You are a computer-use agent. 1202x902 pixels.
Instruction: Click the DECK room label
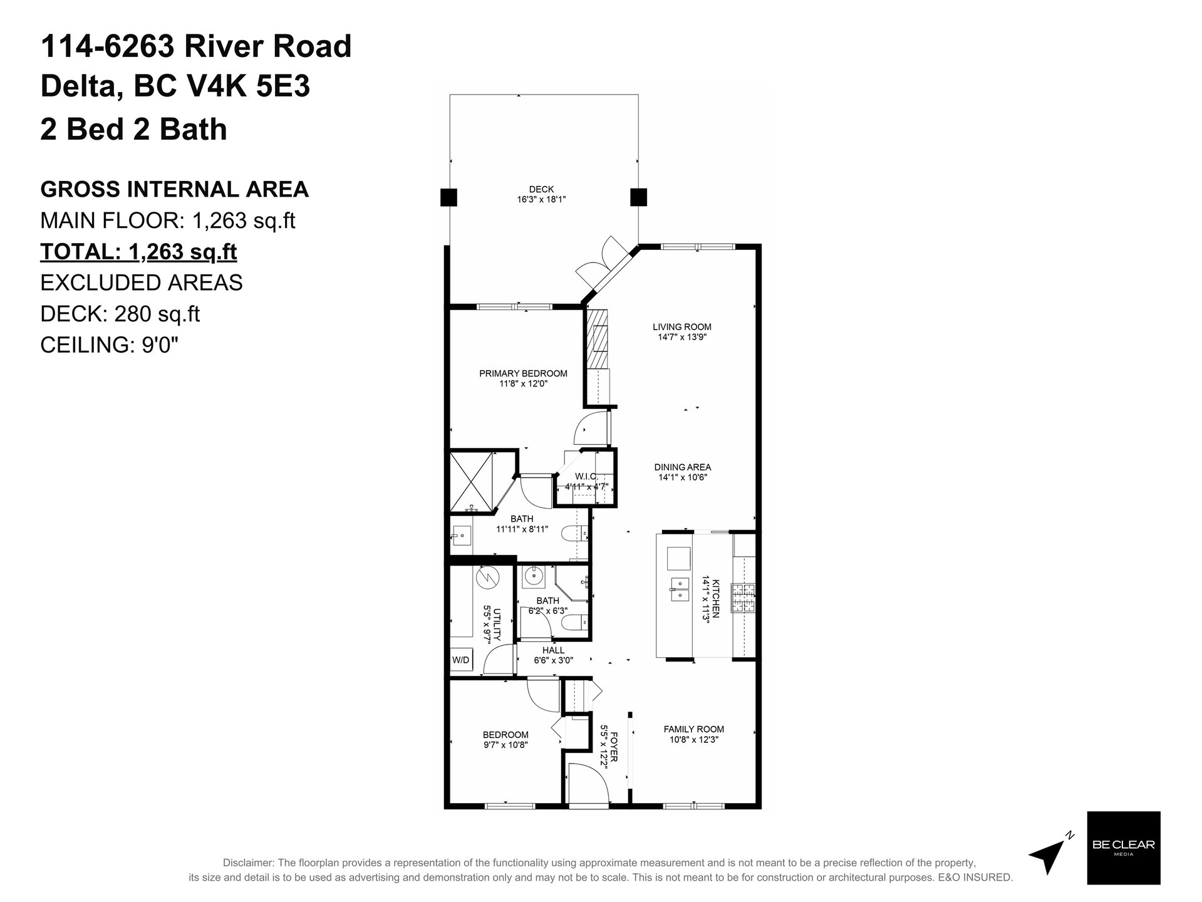point(541,190)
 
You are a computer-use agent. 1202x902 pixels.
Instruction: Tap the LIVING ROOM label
point(682,327)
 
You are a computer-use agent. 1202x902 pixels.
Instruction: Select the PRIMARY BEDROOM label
point(523,374)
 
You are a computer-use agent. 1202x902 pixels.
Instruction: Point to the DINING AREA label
point(683,467)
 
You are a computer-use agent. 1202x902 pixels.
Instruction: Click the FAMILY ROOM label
point(694,729)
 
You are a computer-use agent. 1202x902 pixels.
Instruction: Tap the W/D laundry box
point(462,660)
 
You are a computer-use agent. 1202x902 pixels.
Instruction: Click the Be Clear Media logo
point(1123,848)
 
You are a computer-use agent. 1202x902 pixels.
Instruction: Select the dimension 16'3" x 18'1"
point(541,200)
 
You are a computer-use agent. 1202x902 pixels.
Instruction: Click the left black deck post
point(449,197)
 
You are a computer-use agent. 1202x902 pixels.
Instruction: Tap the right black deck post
point(638,197)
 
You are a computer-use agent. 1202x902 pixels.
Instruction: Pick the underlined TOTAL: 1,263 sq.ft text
point(138,252)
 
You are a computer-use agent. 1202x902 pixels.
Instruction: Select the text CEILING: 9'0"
point(110,345)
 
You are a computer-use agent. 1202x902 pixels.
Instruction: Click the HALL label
point(554,651)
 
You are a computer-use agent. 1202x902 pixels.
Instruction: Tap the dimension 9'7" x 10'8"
point(505,745)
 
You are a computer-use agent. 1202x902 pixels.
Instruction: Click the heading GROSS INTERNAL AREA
point(175,189)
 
